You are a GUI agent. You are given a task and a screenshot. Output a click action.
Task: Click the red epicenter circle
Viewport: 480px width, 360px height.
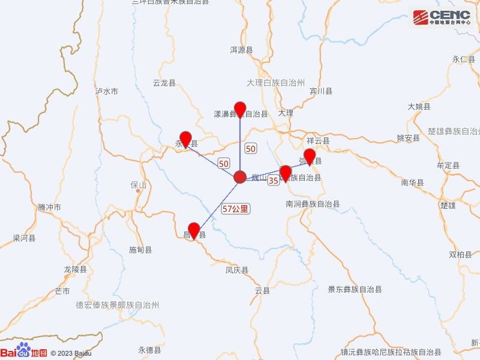tap(240, 177)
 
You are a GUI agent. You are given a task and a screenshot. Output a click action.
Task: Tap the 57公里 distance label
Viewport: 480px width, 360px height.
tap(235, 209)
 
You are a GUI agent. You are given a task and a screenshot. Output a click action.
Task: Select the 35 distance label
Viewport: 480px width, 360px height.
tap(273, 180)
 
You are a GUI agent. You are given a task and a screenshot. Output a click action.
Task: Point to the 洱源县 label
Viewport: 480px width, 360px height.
tap(242, 50)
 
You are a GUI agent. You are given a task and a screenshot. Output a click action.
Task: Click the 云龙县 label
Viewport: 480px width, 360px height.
tap(164, 83)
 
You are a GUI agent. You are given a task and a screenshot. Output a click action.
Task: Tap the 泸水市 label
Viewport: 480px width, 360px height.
tap(107, 92)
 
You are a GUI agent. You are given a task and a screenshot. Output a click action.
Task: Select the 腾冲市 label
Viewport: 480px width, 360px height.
tap(49, 208)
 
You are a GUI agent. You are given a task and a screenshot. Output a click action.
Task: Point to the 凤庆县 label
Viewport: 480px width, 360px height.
tap(237, 271)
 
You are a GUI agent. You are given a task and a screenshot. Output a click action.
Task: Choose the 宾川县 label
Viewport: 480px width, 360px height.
tap(321, 91)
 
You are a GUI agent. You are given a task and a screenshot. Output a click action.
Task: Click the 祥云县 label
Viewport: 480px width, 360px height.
tap(319, 141)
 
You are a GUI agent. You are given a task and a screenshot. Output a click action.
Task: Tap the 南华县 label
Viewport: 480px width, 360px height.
tap(413, 182)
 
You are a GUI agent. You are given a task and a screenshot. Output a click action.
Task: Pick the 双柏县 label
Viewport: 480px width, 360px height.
tap(461, 254)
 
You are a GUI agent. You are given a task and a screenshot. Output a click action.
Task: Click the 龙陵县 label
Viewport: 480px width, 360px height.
tap(76, 270)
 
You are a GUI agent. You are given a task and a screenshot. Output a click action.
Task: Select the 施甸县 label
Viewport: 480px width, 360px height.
tap(140, 250)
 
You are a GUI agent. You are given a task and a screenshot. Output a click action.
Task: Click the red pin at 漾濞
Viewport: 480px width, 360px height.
tap(240, 110)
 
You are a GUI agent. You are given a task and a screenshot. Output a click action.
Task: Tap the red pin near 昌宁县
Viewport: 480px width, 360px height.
tap(194, 231)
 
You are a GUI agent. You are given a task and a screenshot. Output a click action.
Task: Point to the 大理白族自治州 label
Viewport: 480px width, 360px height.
tap(276, 83)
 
